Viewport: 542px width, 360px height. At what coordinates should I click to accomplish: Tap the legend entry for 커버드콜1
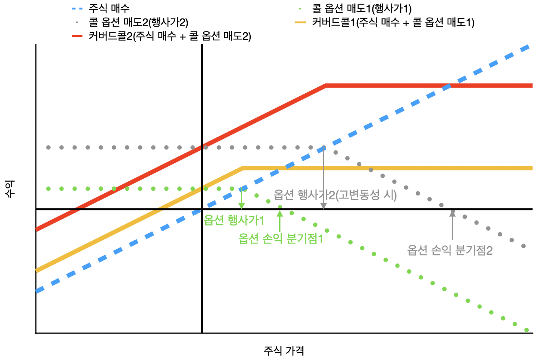point(393,22)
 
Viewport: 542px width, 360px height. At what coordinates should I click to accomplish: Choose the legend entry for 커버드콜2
point(170,37)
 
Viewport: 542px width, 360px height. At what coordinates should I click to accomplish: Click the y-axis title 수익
point(9,189)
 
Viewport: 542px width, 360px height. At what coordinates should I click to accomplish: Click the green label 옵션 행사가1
point(234,220)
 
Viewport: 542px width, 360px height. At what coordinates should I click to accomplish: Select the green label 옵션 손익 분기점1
point(280,239)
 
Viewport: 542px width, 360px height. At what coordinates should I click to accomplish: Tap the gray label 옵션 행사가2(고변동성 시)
point(335,195)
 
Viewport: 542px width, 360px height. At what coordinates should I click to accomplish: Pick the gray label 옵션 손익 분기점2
point(450,250)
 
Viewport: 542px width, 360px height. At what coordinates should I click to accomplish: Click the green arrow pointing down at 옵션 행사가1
point(242,198)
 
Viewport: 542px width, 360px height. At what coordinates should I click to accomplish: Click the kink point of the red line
point(326,86)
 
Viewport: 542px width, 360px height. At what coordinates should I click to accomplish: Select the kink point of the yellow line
point(243,168)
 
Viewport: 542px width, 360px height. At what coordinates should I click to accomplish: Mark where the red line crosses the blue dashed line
point(448,86)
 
